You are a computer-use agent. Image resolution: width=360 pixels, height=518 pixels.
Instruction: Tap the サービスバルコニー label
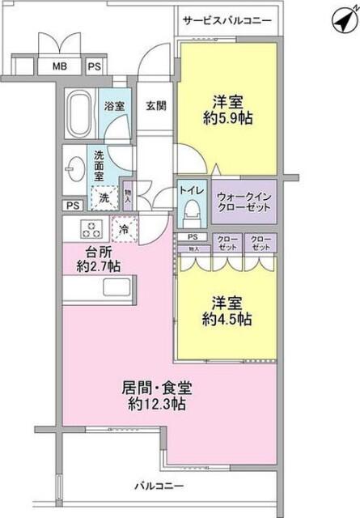tap(227, 19)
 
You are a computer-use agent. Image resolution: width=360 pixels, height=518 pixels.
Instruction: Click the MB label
tap(60, 66)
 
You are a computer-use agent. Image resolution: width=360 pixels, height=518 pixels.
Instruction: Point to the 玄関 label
tap(156, 104)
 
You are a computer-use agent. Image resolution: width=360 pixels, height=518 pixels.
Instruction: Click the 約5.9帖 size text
tap(229, 118)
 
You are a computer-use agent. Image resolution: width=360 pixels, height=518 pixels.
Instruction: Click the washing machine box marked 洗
tap(104, 197)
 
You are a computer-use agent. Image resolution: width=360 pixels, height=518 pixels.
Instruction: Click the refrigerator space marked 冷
tap(125, 230)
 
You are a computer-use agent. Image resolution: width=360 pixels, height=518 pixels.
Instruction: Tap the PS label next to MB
tap(95, 66)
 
